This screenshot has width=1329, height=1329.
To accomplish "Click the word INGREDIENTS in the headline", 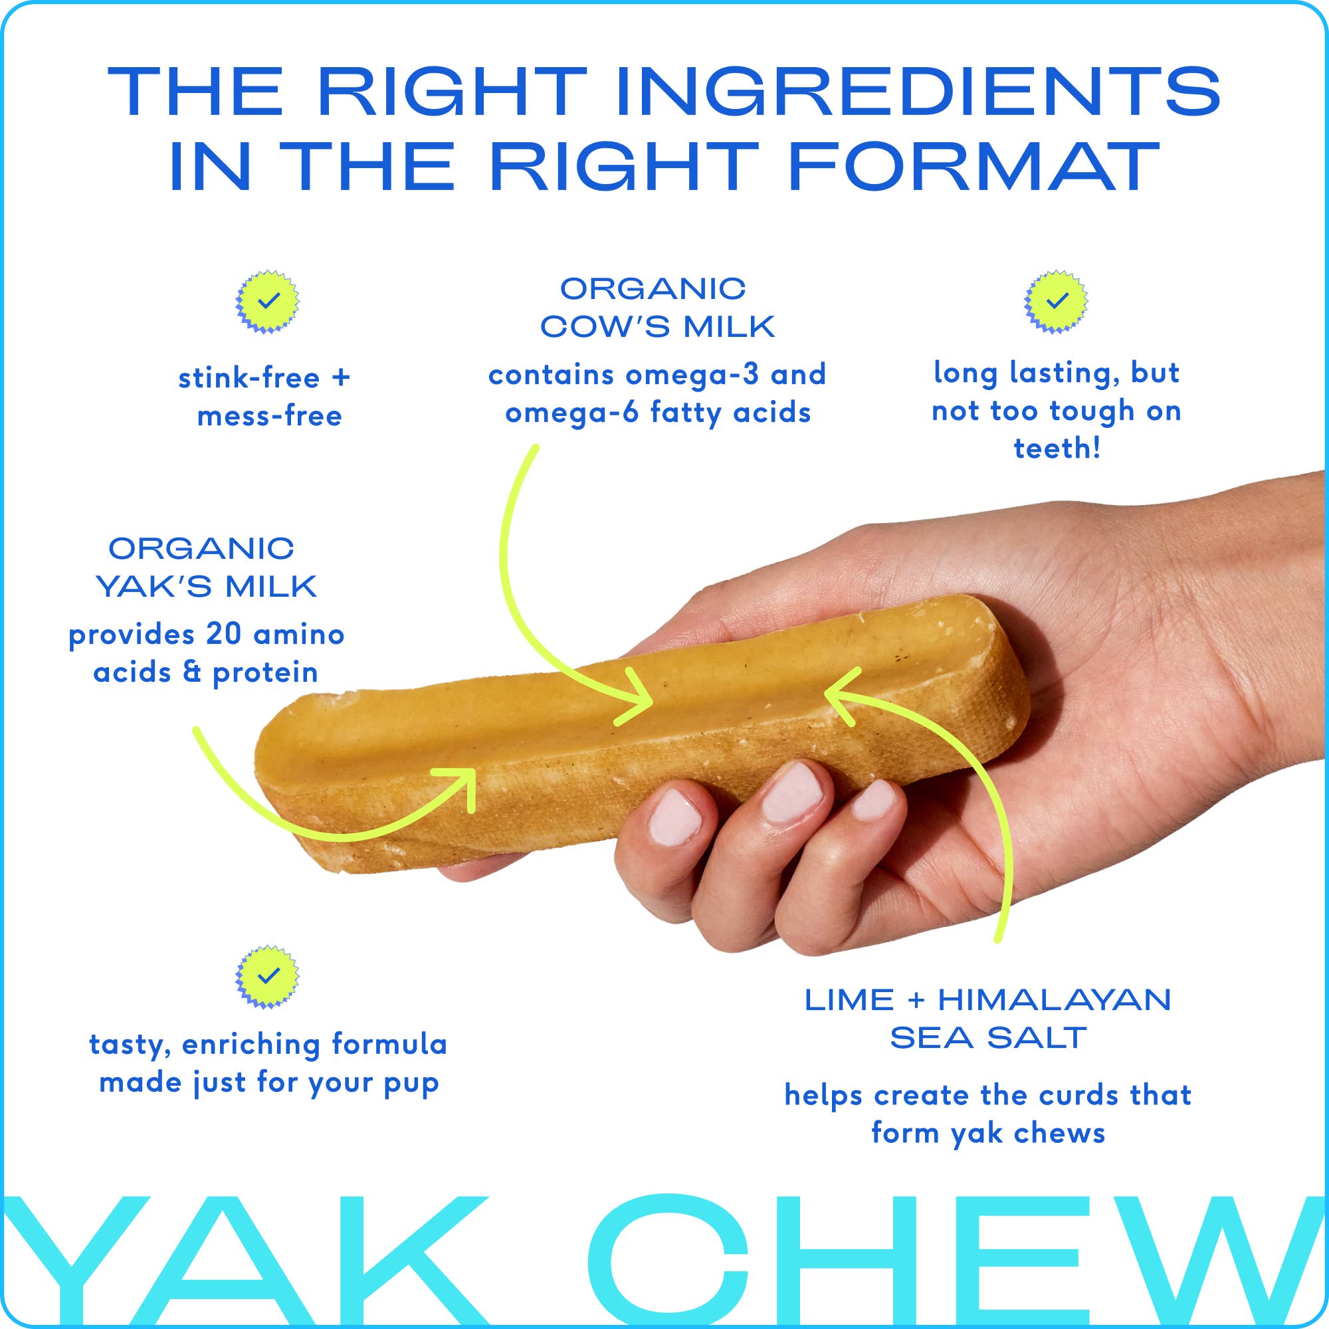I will click(918, 92).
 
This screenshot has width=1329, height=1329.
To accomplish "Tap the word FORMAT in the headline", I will click(974, 167).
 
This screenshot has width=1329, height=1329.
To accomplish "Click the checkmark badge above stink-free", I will click(268, 301).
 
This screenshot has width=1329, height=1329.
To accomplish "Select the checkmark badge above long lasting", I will click(1056, 301).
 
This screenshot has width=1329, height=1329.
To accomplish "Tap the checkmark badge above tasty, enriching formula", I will click(268, 977).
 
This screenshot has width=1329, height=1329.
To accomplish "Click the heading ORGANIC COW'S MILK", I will click(657, 308).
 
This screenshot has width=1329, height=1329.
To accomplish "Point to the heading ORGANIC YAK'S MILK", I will click(205, 568).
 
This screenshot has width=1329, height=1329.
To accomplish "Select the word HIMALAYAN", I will click(1054, 1000).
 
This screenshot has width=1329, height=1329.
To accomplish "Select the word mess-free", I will click(269, 416).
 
